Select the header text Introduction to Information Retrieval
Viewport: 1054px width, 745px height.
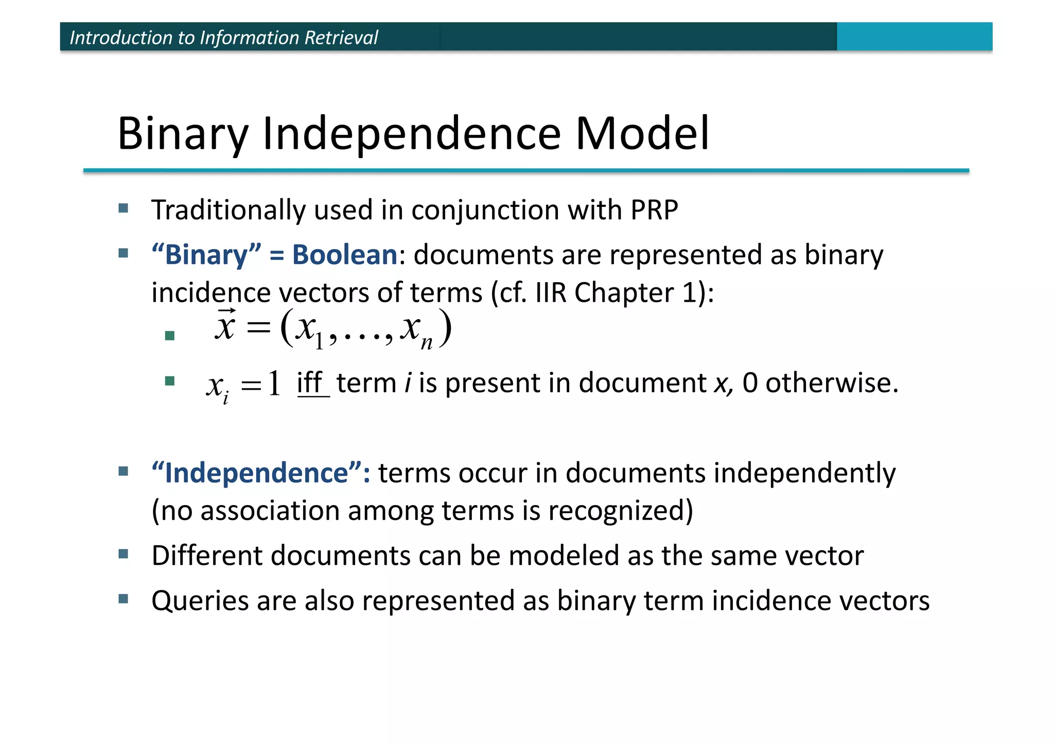[x=223, y=38]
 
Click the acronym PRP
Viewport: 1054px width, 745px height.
[x=654, y=210]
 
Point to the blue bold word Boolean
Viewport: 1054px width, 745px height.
[x=344, y=255]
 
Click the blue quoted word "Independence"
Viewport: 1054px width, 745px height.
[x=260, y=473]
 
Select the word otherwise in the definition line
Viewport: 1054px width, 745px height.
[x=831, y=383]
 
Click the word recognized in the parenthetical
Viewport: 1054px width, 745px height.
[x=620, y=511]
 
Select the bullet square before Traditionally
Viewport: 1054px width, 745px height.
[x=124, y=209]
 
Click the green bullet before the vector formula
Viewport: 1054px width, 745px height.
[x=170, y=336]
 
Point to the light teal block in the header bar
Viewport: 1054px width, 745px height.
[x=914, y=37]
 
